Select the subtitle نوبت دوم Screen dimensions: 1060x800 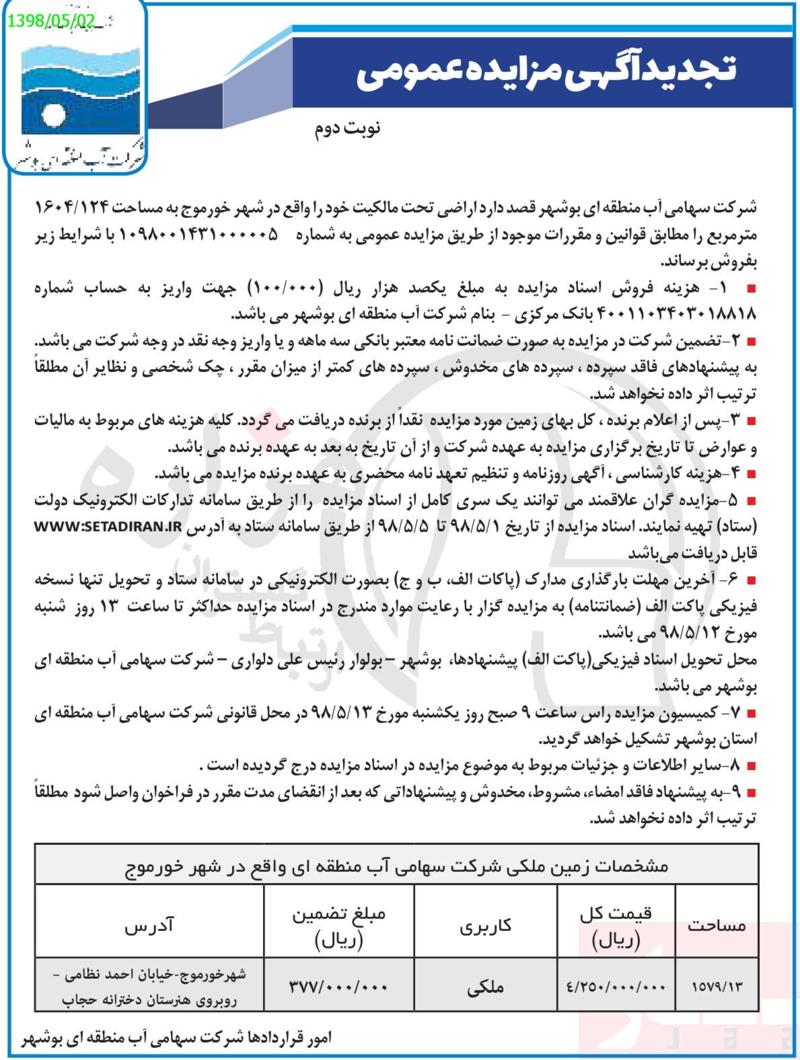pyautogui.click(x=347, y=128)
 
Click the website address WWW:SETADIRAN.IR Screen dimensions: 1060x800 pyautogui.click(x=108, y=527)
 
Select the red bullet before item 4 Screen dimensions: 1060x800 pyautogui.click(x=752, y=475)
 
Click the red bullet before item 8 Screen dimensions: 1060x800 pyautogui.click(x=752, y=766)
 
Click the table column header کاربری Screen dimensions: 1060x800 pyautogui.click(x=485, y=925)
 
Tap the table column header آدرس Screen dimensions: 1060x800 pyautogui.click(x=149, y=925)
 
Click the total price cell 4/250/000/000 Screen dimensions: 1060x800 pyautogui.click(x=616, y=987)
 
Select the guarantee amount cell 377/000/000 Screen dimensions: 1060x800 pyautogui.click(x=338, y=987)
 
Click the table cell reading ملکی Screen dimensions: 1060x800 pyautogui.click(x=485, y=987)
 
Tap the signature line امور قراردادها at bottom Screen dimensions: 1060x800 pyautogui.click(x=177, y=1038)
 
